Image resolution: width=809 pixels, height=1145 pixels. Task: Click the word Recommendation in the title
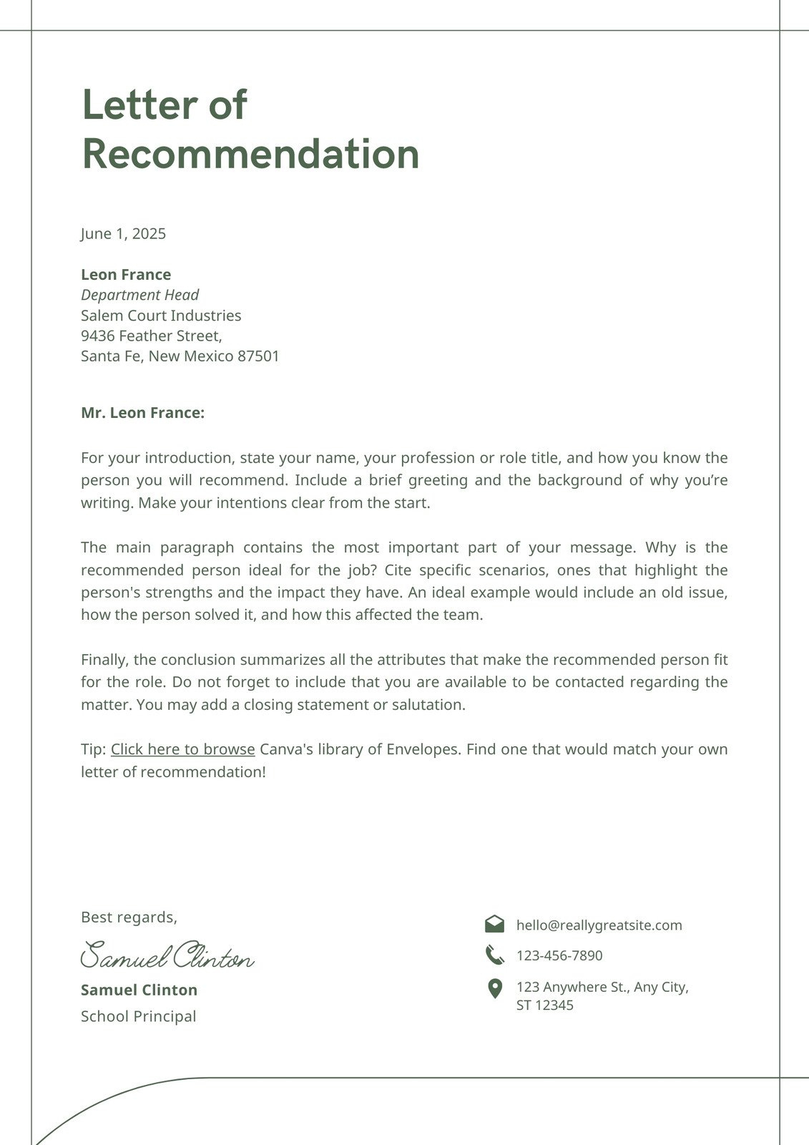coord(250,155)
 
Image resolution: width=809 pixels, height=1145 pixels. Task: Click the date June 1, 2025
coord(123,234)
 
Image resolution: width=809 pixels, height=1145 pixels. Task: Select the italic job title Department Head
coord(139,295)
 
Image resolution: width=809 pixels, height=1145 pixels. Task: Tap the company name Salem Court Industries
coord(161,316)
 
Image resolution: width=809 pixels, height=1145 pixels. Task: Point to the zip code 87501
coord(258,356)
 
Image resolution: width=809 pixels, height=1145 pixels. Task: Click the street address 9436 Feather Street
coord(151,336)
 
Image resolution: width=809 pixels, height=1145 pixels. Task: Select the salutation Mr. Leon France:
coord(142,413)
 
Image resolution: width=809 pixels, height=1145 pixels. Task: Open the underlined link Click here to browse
coord(182,749)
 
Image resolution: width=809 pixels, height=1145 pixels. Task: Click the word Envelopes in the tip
coord(422,749)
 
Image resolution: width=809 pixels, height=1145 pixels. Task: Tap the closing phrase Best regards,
coord(129,917)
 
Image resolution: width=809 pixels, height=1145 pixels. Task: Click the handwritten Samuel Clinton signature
coord(167,956)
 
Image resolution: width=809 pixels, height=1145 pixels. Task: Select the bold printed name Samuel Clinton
coord(139,990)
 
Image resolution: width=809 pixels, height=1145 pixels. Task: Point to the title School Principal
coord(138,1016)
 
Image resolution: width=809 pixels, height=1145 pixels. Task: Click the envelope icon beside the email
coord(494,924)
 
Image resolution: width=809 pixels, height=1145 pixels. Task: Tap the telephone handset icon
coord(494,955)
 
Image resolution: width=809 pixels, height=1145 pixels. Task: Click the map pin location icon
coord(494,989)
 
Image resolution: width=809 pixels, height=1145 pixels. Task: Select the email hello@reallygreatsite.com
coord(599,925)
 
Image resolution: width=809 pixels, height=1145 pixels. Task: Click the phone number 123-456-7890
coord(559,956)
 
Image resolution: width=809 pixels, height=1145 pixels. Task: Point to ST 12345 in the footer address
coord(544,1005)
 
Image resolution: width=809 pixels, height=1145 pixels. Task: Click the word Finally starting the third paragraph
coord(104,660)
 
